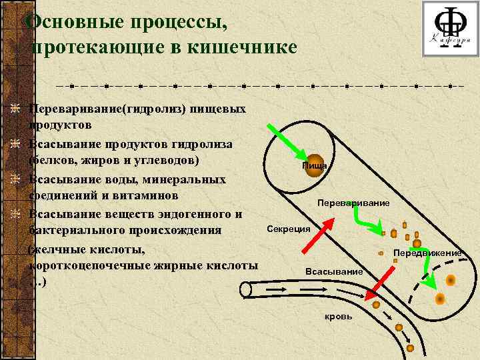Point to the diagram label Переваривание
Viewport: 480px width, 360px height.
point(354,202)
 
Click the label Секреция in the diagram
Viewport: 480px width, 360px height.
point(289,229)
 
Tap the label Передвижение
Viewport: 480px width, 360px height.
point(427,253)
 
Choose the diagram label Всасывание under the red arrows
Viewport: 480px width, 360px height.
point(333,271)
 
